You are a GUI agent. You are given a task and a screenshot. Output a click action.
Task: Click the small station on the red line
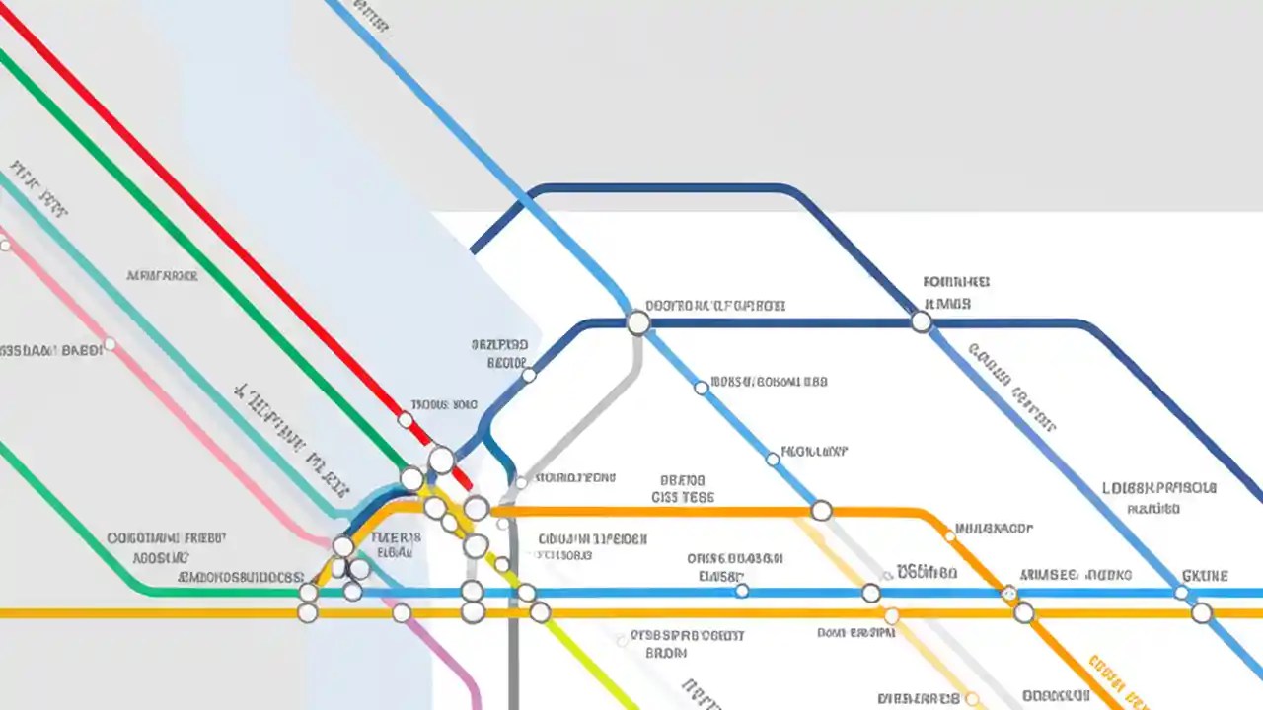pyautogui.click(x=405, y=420)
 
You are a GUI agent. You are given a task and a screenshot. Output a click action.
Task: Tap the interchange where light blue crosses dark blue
pyautogui.click(x=638, y=322)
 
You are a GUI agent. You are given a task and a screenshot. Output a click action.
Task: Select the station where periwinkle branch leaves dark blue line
pyautogui.click(x=921, y=322)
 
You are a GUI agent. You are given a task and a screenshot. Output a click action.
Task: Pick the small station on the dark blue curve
pyautogui.click(x=529, y=375)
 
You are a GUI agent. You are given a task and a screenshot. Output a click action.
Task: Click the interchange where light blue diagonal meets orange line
pyautogui.click(x=821, y=511)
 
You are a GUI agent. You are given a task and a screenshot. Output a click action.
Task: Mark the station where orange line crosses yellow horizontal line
pyautogui.click(x=1024, y=613)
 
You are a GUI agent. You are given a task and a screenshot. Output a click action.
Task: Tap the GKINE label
pyautogui.click(x=1205, y=575)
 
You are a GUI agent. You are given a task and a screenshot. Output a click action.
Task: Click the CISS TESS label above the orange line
pyautogui.click(x=683, y=498)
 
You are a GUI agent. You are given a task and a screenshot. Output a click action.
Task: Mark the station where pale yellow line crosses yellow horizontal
pyautogui.click(x=891, y=616)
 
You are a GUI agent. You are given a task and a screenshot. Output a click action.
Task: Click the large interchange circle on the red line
pyautogui.click(x=441, y=460)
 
